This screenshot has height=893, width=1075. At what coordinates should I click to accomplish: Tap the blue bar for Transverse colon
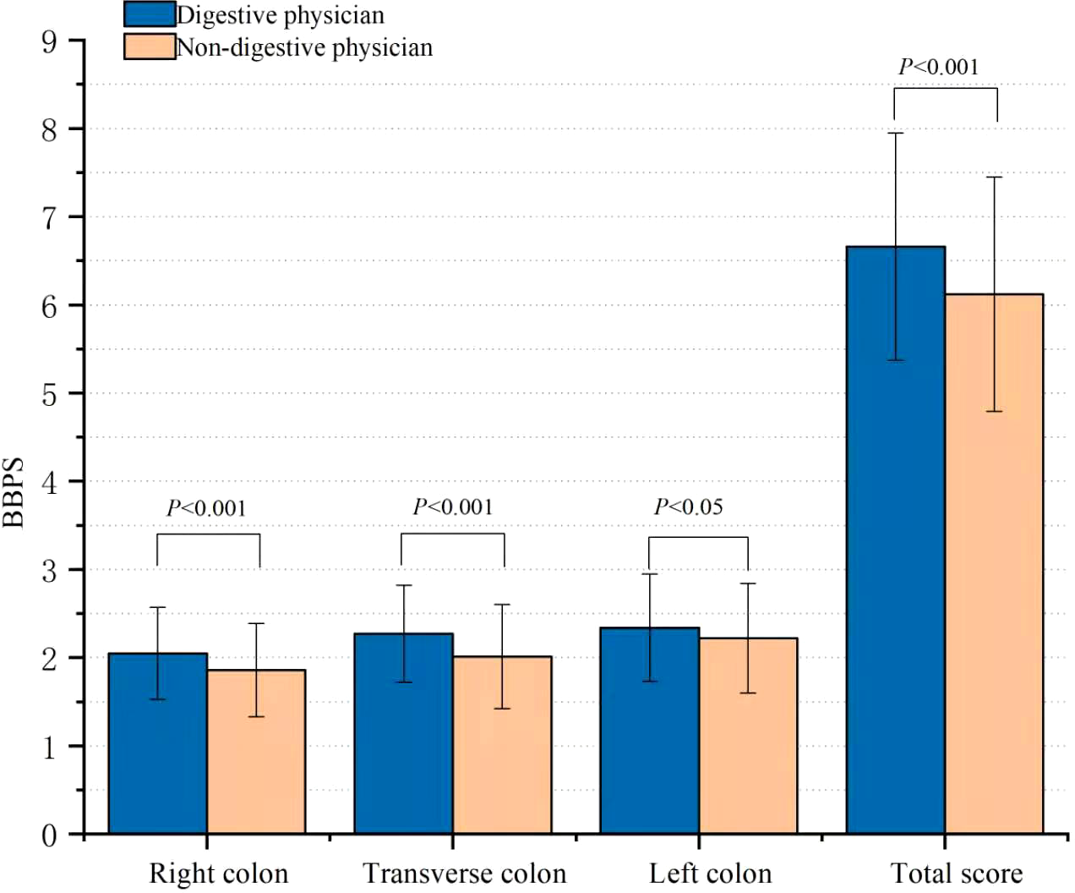(x=403, y=744)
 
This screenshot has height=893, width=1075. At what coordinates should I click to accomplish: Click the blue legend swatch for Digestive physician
(x=150, y=14)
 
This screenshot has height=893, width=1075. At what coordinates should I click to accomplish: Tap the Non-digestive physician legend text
(x=304, y=47)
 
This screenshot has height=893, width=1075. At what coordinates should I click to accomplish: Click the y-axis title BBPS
(x=14, y=492)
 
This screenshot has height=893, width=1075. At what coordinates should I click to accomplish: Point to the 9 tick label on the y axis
(x=50, y=41)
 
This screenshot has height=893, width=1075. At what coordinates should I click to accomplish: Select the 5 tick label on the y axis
(x=50, y=394)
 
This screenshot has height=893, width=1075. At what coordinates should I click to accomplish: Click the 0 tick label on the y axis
(x=50, y=835)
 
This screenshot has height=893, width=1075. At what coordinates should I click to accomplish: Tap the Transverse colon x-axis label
(x=464, y=873)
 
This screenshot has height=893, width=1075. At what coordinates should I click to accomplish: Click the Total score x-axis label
(x=956, y=873)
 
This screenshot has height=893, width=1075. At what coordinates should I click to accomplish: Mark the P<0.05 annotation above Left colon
(x=688, y=507)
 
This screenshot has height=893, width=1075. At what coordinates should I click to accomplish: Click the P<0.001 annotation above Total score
(x=938, y=67)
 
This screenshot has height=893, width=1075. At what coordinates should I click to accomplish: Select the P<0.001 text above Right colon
(x=206, y=508)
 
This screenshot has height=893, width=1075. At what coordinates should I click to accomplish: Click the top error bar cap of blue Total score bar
(x=895, y=133)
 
